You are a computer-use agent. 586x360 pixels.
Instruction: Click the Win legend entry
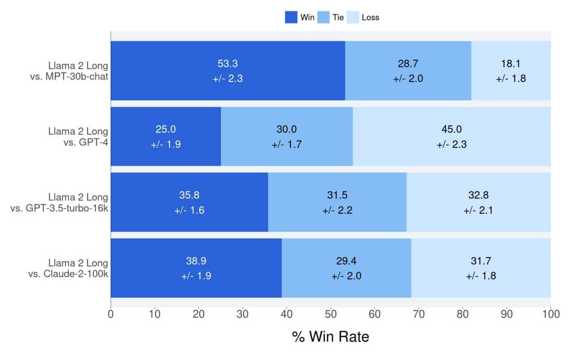click(299, 17)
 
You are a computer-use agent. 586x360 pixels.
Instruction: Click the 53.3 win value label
click(228, 64)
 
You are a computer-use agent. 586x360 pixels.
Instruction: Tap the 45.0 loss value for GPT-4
click(451, 130)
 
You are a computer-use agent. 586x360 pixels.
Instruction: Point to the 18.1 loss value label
click(511, 64)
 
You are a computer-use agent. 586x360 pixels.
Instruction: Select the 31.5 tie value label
click(337, 195)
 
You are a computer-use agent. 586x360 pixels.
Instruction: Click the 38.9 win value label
click(196, 261)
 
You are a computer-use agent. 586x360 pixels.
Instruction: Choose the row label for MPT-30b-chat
click(69, 71)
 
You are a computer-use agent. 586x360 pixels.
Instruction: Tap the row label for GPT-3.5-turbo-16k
click(59, 203)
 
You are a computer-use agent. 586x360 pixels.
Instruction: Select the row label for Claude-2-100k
click(68, 269)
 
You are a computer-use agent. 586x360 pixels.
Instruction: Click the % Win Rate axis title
click(330, 336)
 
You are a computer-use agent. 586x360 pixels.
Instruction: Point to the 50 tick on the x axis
click(331, 314)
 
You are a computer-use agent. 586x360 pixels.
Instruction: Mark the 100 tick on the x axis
click(551, 314)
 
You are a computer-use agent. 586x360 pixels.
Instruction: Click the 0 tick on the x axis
click(111, 314)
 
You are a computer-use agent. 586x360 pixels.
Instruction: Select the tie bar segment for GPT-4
click(287, 152)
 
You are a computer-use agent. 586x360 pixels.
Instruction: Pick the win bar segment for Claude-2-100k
click(196, 285)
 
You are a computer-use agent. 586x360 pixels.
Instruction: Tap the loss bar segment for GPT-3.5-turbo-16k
click(478, 219)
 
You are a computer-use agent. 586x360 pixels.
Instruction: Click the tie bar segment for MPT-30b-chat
click(408, 86)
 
